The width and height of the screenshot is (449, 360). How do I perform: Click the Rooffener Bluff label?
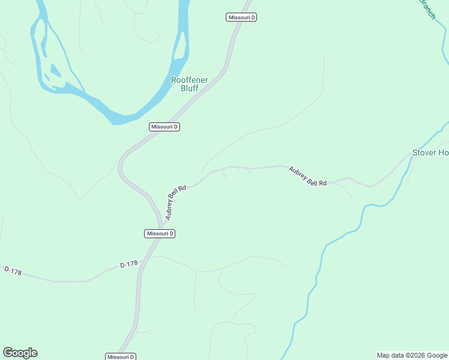[x=189, y=83]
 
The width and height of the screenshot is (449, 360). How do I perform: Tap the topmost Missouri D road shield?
[x=241, y=17]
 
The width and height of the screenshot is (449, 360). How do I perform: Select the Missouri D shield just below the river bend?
[x=164, y=127]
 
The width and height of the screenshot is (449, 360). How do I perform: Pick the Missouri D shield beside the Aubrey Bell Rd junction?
[x=160, y=233]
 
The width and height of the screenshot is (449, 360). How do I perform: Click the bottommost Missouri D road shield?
[x=121, y=356]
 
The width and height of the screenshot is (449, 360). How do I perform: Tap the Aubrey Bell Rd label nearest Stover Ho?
[x=308, y=176]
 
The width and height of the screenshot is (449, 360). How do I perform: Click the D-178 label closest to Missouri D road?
[x=129, y=264]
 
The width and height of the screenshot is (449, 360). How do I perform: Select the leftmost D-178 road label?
[x=12, y=271]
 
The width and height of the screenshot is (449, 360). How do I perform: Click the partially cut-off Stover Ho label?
[x=430, y=152]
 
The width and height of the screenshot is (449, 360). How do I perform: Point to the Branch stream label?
[x=427, y=8]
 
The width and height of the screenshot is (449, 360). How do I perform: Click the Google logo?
[x=20, y=353]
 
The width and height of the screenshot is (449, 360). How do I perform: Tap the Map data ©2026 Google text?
[x=412, y=355]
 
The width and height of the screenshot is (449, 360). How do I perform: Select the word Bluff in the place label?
[x=189, y=88]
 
